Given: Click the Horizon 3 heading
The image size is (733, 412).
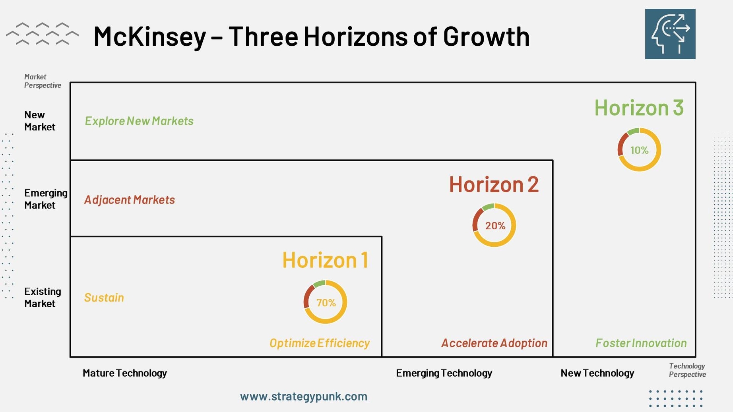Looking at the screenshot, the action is [x=639, y=108].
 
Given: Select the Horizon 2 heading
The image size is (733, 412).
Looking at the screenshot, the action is [x=494, y=184].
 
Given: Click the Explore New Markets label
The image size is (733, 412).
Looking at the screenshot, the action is [x=139, y=121].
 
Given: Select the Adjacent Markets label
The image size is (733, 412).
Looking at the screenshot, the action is [x=130, y=199].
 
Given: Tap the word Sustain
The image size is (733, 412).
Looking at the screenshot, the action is [x=104, y=298].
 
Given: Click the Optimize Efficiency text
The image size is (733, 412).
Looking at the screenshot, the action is [x=320, y=343].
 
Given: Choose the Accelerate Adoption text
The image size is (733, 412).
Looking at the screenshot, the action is [x=494, y=343].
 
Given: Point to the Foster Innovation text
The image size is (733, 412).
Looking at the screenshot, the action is [x=641, y=343].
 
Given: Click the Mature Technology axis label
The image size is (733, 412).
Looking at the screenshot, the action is [x=125, y=373].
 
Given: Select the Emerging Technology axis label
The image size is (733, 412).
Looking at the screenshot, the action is [x=444, y=373].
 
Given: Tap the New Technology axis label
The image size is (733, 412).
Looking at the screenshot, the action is [x=597, y=373].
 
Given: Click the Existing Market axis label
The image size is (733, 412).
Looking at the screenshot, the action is [x=43, y=298].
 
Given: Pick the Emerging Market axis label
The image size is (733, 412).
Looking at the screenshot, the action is [x=46, y=199].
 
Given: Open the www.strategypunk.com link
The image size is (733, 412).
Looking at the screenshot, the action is [x=304, y=397].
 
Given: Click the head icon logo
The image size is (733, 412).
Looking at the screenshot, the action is [x=670, y=34].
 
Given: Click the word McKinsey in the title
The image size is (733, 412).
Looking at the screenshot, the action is [x=150, y=37].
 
